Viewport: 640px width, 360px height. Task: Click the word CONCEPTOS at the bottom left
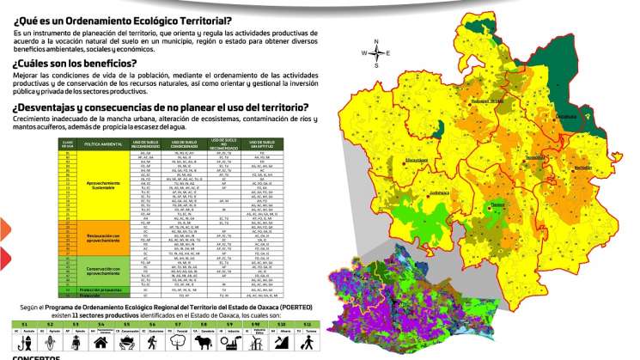(35, 356)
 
